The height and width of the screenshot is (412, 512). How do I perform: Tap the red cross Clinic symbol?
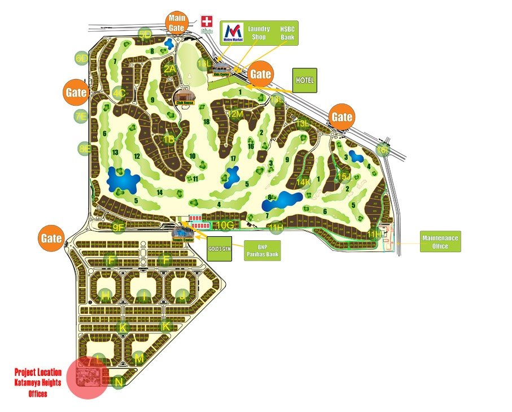(207, 21)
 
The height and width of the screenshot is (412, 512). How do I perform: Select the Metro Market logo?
(233, 32)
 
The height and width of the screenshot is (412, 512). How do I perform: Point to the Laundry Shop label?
(259, 33)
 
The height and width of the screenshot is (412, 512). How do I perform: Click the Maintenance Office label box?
(440, 242)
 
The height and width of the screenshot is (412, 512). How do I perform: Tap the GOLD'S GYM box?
(221, 249)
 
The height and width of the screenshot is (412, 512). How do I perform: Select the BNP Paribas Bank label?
(261, 250)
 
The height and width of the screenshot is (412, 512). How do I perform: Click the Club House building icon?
(184, 97)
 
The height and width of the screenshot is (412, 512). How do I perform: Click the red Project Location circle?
(87, 378)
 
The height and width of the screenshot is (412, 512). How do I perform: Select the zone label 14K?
(304, 182)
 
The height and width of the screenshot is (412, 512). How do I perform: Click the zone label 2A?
(169, 69)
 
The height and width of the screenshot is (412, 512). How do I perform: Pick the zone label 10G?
(225, 225)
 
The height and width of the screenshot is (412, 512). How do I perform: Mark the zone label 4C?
(119, 93)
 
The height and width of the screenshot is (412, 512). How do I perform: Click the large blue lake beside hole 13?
(123, 180)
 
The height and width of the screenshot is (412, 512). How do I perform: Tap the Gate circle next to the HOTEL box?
(261, 74)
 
